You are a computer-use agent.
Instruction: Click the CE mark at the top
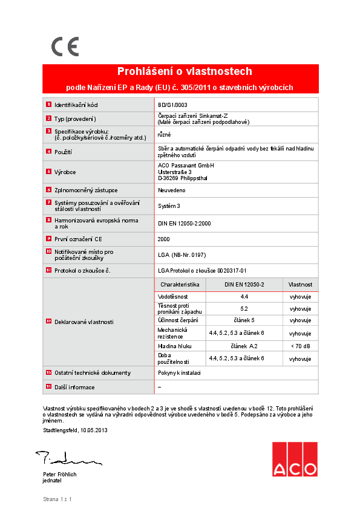click(64, 46)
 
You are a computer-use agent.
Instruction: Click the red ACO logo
click(294, 459)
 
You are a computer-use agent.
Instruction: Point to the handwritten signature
click(57, 458)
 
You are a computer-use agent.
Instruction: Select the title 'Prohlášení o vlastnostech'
click(185, 71)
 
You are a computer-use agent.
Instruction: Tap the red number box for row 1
click(48, 104)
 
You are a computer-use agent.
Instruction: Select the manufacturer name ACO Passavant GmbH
click(185, 165)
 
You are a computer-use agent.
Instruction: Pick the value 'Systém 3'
click(169, 206)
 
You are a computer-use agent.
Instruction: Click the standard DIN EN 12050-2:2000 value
click(184, 223)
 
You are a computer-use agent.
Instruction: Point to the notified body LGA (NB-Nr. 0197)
click(182, 254)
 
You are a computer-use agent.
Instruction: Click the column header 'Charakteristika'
click(180, 284)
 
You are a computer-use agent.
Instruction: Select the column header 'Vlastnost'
click(300, 284)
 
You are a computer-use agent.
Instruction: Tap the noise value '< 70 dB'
click(300, 346)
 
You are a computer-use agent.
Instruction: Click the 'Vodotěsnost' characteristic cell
click(172, 297)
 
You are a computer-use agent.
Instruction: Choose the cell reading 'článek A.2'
click(244, 346)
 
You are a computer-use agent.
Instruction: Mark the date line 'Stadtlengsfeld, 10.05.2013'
click(75, 430)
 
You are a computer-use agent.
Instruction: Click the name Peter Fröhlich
click(59, 475)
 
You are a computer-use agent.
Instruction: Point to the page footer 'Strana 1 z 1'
click(57, 499)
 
